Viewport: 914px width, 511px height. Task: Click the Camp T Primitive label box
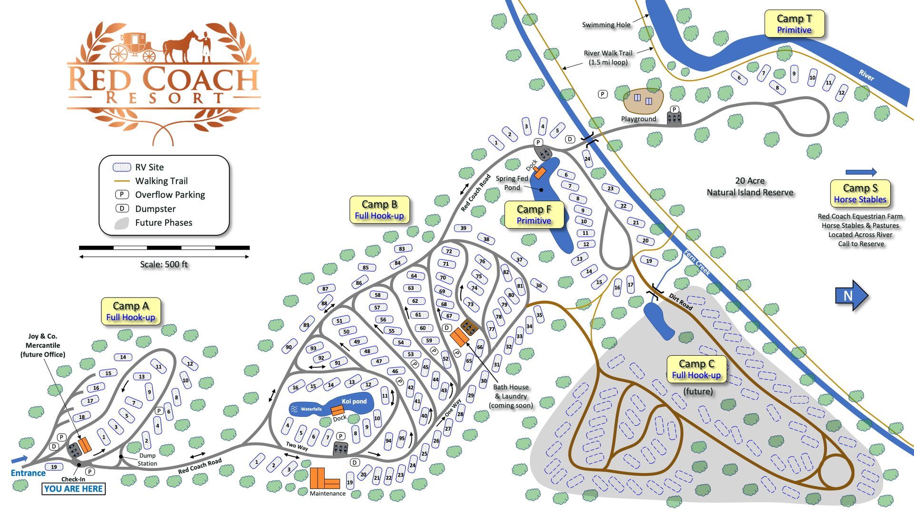coord(794,24)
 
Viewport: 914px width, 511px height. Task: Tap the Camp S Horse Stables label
coord(860,193)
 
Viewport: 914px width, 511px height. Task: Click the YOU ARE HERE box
coord(73,489)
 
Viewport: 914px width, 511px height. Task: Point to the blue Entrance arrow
coord(20,460)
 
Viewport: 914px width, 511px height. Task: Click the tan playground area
coord(643,101)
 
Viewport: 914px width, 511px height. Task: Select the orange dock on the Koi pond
coord(338,410)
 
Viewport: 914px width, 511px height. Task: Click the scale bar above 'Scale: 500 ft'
coord(164,248)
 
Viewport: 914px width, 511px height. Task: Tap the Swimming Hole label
coord(606,25)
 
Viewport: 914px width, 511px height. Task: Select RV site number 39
coord(463,228)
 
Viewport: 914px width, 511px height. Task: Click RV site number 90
coord(288,347)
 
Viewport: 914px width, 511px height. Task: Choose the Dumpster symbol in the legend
coord(122,209)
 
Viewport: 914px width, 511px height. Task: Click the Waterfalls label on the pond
coord(311,409)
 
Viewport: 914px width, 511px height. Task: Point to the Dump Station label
coord(147,460)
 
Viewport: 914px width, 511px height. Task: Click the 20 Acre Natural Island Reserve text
coord(750,187)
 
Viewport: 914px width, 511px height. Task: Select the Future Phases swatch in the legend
coord(122,223)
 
